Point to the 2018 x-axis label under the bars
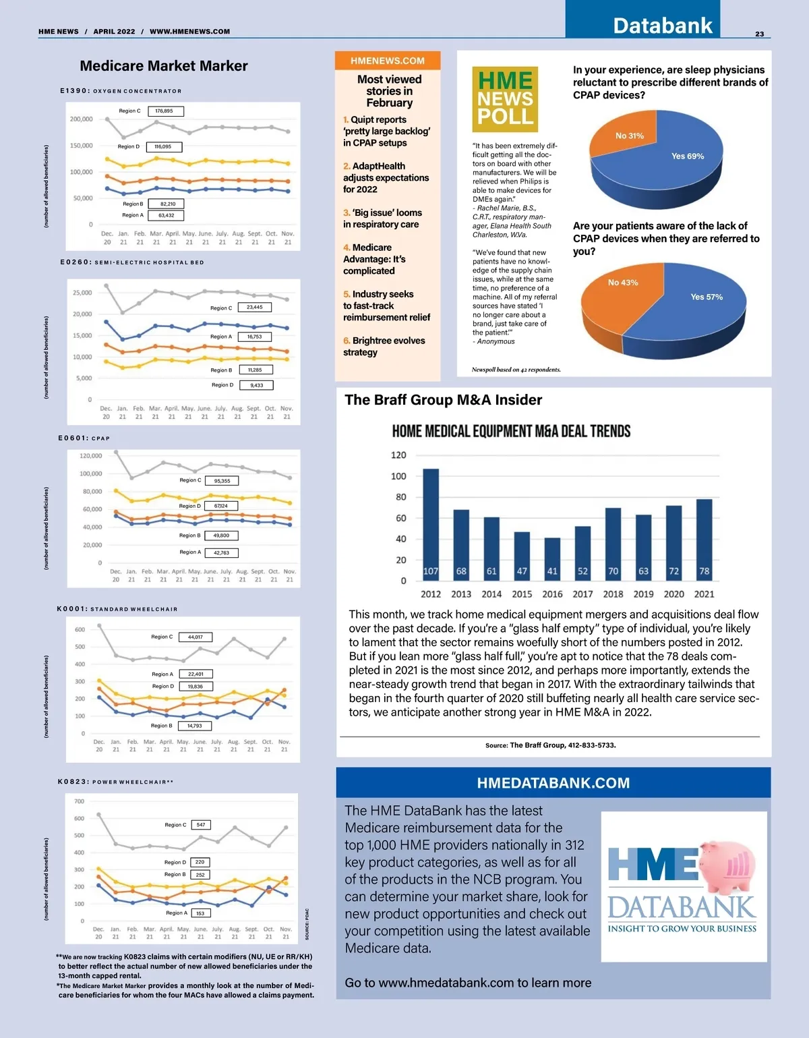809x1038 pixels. tap(613, 594)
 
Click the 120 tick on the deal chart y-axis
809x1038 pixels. tap(398, 455)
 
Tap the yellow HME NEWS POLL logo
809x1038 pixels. tap(505, 98)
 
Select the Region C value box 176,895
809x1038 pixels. tap(164, 111)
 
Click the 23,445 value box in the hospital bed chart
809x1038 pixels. tap(255, 307)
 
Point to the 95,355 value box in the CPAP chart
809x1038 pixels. tap(222, 481)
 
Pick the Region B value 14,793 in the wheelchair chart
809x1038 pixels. tap(195, 726)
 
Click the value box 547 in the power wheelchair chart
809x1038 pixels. tap(201, 825)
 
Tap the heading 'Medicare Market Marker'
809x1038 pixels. tap(164, 66)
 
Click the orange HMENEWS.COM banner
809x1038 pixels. tap(388, 61)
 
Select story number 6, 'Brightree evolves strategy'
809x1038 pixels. tap(384, 346)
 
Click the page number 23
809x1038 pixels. tap(759, 34)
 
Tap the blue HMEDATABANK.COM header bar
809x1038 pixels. tap(553, 783)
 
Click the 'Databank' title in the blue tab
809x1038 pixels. tap(662, 26)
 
